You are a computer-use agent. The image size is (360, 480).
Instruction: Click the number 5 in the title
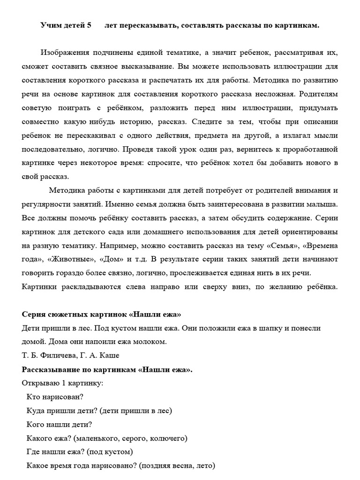tap(89, 26)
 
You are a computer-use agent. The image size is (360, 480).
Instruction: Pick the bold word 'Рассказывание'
tap(48, 369)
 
